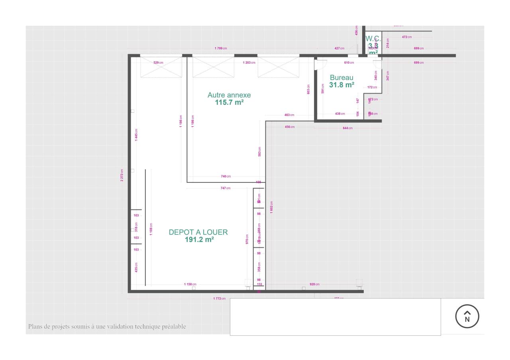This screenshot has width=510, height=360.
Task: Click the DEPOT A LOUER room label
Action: pyautogui.click(x=198, y=232)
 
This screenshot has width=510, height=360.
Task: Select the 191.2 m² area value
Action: pyautogui.click(x=199, y=240)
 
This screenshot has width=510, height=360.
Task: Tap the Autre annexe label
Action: pyautogui.click(x=229, y=95)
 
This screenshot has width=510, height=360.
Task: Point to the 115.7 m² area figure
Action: pyautogui.click(x=229, y=102)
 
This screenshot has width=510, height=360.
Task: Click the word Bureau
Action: pyautogui.click(x=341, y=78)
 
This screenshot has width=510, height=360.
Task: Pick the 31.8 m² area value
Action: pyautogui.click(x=341, y=85)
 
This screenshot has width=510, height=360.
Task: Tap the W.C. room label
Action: pyautogui.click(x=373, y=39)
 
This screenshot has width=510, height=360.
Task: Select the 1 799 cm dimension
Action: pyautogui.click(x=220, y=49)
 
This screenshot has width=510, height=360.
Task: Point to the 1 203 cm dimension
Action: pyautogui.click(x=249, y=63)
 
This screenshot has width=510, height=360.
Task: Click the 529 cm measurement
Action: pyautogui.click(x=158, y=63)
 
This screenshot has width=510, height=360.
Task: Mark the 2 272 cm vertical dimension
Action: pyautogui.click(x=122, y=175)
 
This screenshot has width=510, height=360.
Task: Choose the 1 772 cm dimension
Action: pyautogui.click(x=219, y=299)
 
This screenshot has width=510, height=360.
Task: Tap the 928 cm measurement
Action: pyautogui.click(x=314, y=284)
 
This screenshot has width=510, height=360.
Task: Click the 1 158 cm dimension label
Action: pyautogui.click(x=190, y=284)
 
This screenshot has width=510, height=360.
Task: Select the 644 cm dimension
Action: pyautogui.click(x=347, y=128)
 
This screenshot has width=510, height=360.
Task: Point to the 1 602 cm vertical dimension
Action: pyautogui.click(x=271, y=207)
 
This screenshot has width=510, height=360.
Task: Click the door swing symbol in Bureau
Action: pyautogui.click(x=320, y=65)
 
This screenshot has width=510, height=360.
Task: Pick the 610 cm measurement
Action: pyautogui.click(x=349, y=63)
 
